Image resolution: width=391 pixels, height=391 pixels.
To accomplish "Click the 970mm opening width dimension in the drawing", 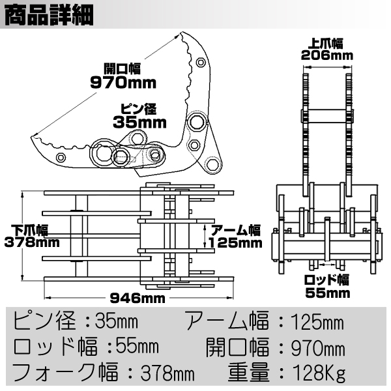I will [124, 82].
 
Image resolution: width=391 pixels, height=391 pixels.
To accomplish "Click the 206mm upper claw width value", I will [326, 55].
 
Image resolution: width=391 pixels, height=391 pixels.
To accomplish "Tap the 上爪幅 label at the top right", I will [326, 43].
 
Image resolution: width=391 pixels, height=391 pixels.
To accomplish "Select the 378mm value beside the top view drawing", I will [32, 242].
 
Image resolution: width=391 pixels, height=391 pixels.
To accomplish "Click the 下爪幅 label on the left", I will [32, 230].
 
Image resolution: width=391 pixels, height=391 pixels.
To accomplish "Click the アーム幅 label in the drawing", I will [235, 230].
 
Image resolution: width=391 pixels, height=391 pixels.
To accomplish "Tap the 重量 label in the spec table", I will [247, 373].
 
